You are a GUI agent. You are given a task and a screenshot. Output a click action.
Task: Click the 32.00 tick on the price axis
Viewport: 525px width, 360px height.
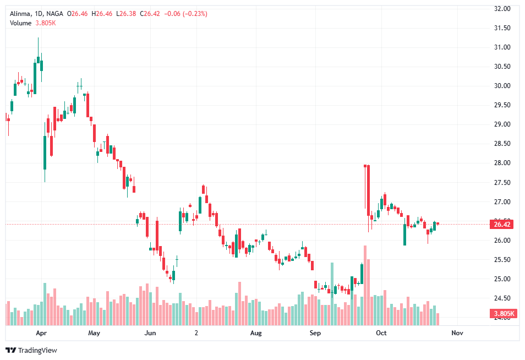pos(502,9)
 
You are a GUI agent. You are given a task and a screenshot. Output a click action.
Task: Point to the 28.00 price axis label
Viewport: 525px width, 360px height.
pos(502,163)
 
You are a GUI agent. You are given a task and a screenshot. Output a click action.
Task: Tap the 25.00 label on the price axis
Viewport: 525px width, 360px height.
pos(502,279)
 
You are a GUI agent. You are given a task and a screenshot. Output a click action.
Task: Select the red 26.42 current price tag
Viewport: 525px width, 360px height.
pos(502,224)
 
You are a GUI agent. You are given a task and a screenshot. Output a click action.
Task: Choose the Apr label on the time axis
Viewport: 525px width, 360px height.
pos(41,333)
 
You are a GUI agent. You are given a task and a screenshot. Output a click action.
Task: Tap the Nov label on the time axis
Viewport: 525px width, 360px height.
pos(456,333)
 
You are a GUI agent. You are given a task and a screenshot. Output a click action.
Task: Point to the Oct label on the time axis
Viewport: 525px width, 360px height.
pos(381,333)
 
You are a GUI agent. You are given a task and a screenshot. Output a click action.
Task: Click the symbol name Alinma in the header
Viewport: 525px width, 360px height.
pos(20,13)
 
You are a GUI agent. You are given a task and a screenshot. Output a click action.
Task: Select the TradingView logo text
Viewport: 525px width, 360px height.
pos(37,350)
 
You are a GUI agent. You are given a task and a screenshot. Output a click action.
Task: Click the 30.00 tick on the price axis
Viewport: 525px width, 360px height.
pos(502,86)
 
